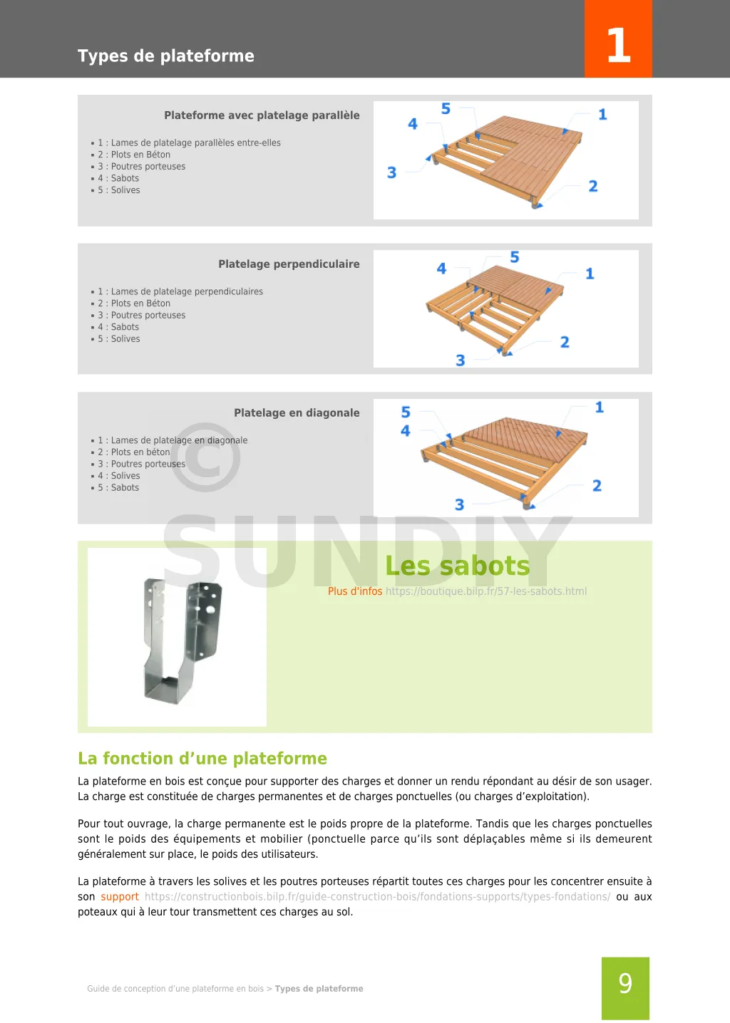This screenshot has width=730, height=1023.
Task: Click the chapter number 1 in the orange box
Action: (618, 45)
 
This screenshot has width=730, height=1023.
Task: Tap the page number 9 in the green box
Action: (625, 984)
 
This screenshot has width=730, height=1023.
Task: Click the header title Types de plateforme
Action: (165, 56)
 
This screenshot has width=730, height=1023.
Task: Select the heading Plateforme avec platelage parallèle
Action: (262, 115)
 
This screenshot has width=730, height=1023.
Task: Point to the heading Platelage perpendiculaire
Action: (289, 264)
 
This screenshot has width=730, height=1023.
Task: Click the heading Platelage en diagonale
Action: (297, 413)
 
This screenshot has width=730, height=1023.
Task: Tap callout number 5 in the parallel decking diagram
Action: (446, 109)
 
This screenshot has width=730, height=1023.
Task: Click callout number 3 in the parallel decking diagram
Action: (391, 172)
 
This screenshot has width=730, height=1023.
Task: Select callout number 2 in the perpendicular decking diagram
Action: (565, 343)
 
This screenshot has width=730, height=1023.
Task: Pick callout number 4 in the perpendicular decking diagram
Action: (441, 269)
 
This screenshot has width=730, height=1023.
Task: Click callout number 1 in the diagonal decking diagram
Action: (600, 407)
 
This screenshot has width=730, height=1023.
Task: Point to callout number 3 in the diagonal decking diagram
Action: (460, 505)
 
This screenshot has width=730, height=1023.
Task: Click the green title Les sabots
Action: (457, 566)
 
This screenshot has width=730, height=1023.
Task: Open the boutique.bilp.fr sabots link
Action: (486, 591)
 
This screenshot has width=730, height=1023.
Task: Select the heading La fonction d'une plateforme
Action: (202, 759)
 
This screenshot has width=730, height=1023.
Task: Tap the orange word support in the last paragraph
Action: (120, 897)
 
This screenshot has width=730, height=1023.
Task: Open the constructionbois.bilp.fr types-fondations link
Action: (377, 897)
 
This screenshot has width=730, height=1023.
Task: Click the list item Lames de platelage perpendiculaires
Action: (187, 292)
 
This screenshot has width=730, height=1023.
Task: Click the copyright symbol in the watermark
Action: (205, 457)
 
